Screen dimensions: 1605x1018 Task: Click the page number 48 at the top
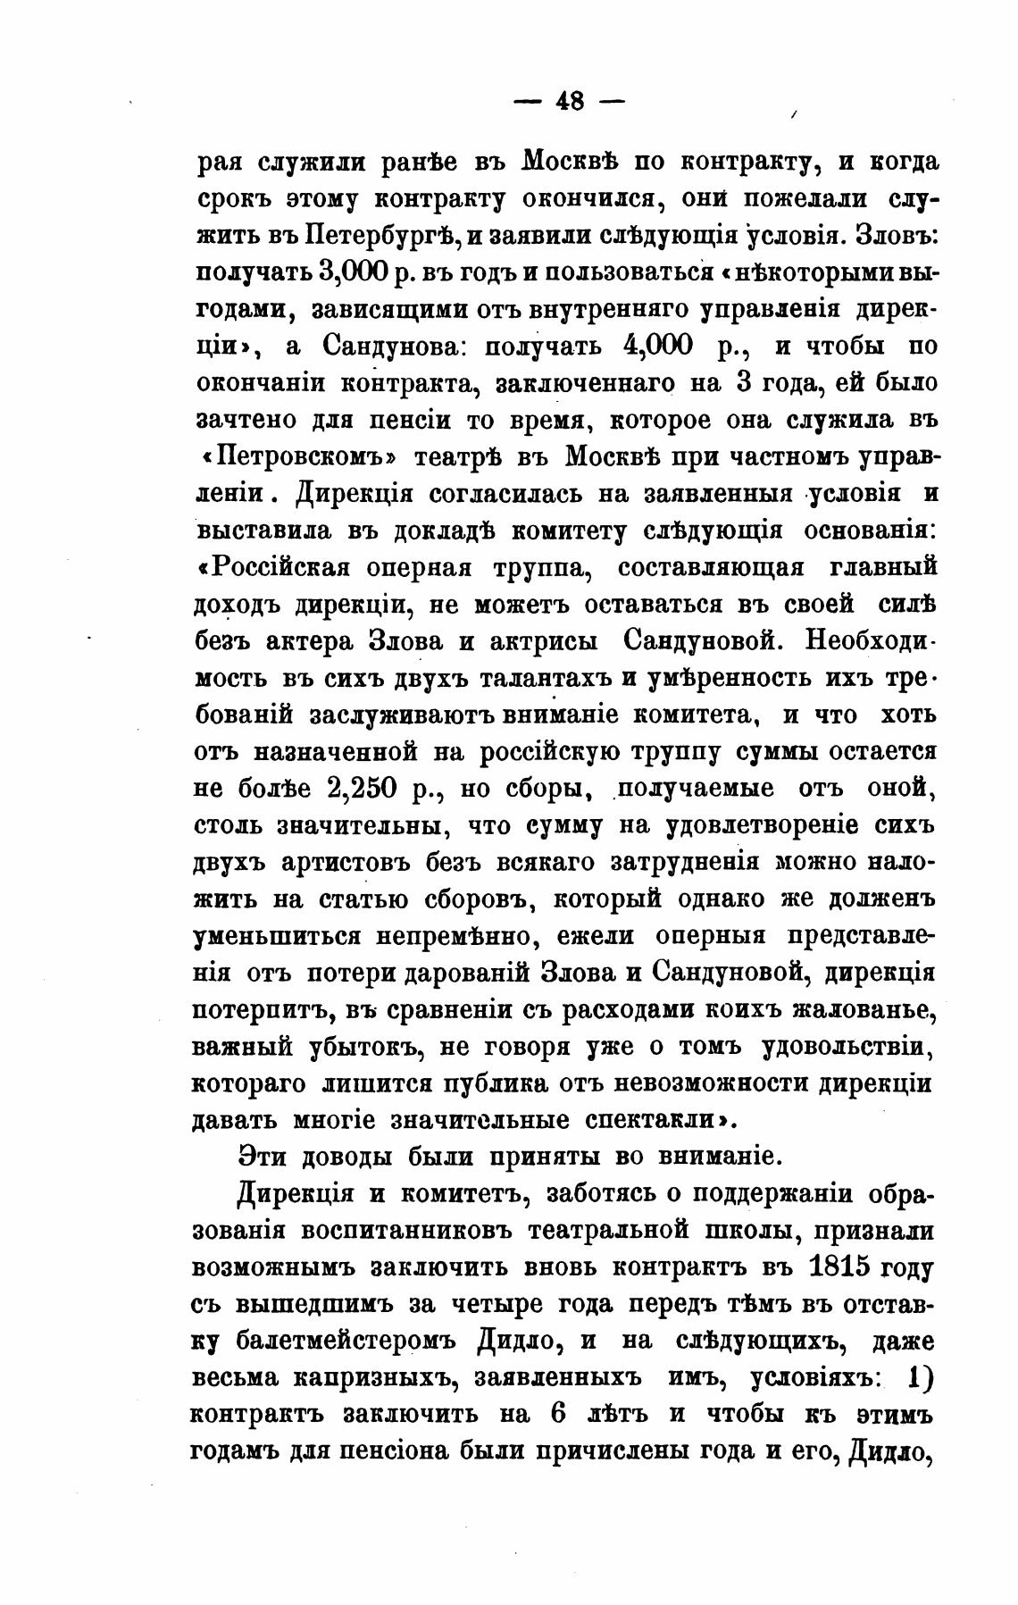pyautogui.click(x=570, y=102)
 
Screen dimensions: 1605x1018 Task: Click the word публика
pyautogui.click(x=484, y=1084)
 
